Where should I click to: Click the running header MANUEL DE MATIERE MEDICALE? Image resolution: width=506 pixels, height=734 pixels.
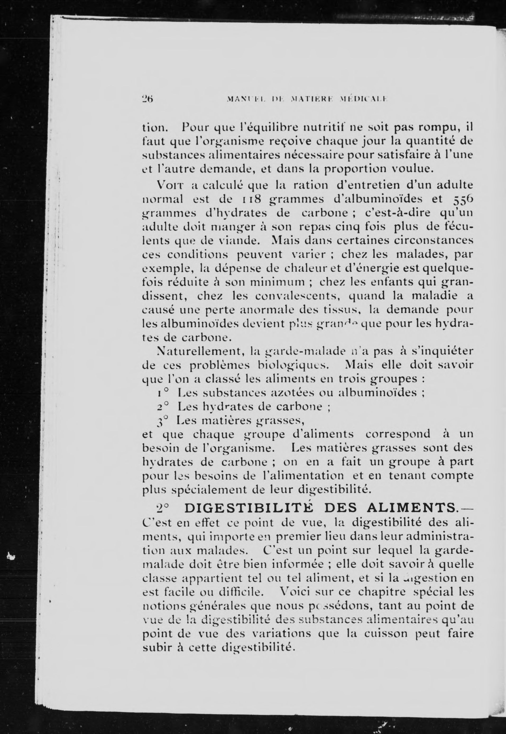tap(307, 99)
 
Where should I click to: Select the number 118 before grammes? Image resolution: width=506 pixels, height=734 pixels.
tap(249, 199)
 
